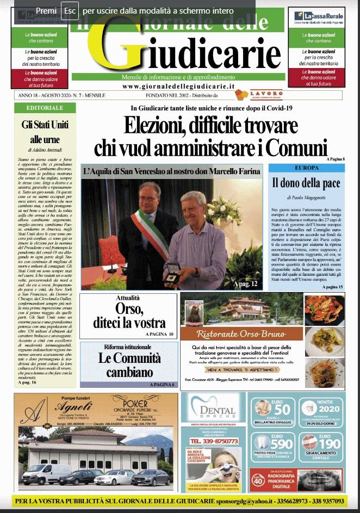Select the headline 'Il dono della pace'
click(x=306, y=183)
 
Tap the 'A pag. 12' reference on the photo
click(x=245, y=284)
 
